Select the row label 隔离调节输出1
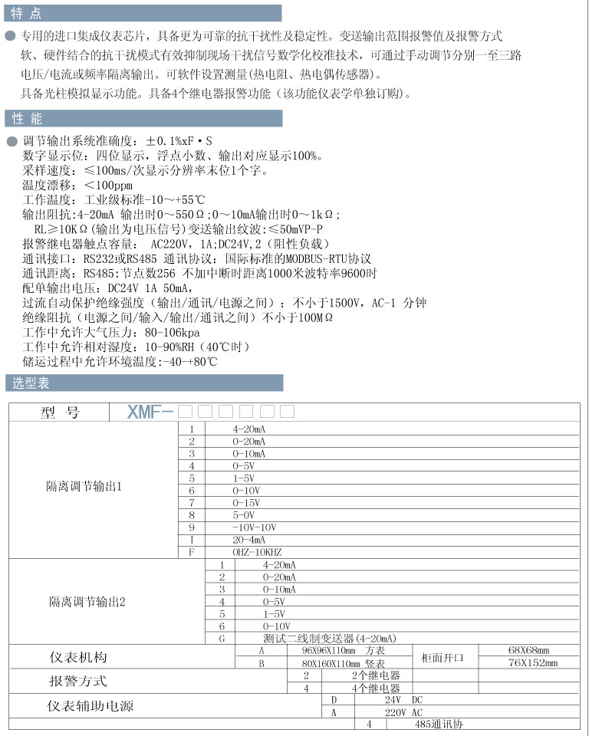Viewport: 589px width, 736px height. tap(84, 487)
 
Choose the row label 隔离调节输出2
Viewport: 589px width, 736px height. tap(87, 602)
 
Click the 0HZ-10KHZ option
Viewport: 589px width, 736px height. tap(258, 551)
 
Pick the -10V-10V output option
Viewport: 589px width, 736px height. tap(253, 527)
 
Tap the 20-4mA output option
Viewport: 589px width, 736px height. tap(248, 539)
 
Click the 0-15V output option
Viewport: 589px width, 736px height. tap(246, 502)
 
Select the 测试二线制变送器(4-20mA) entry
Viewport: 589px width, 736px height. tap(330, 638)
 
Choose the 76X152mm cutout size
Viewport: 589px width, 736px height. tap(532, 662)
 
